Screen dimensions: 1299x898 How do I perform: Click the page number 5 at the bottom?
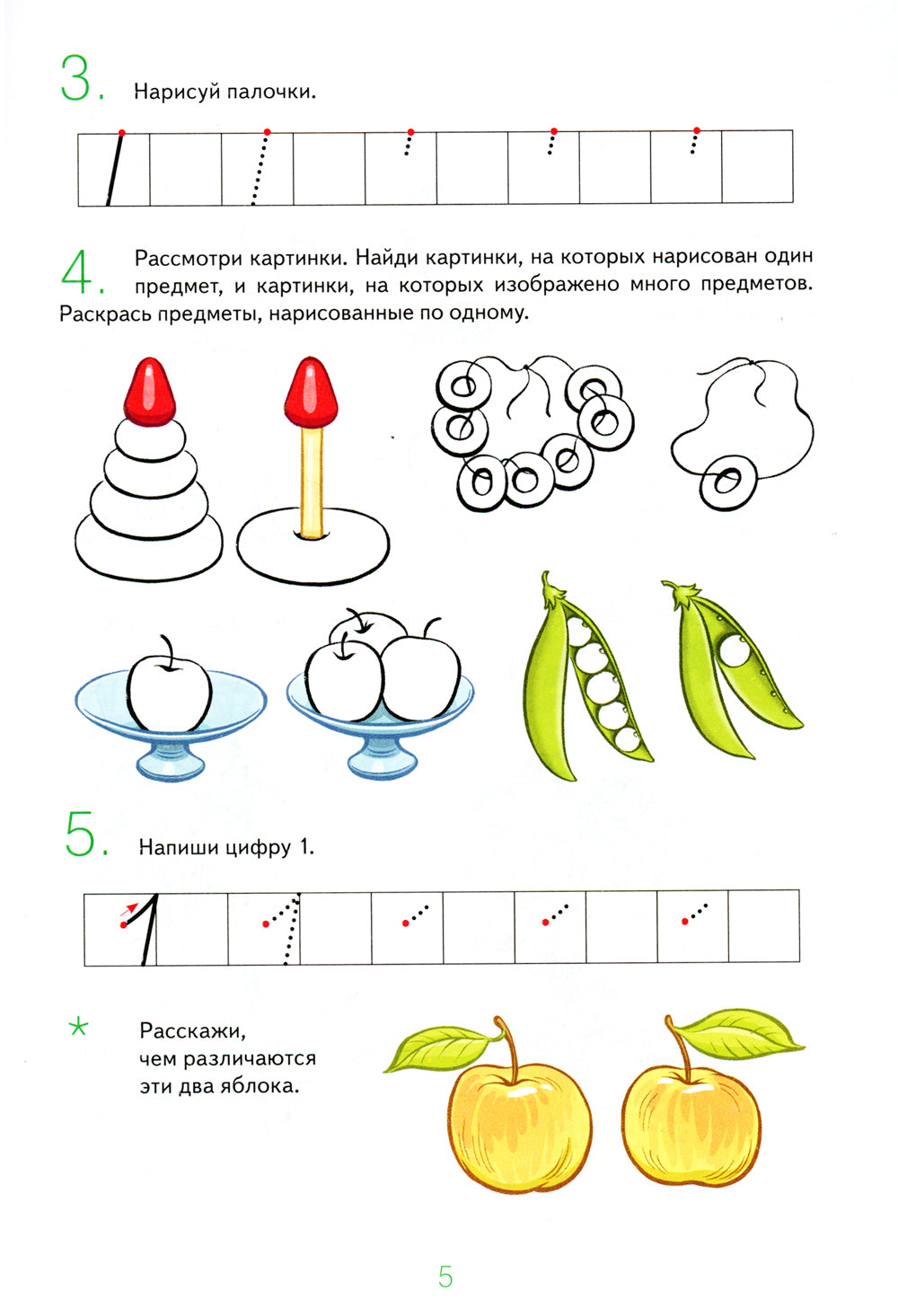coord(445,1276)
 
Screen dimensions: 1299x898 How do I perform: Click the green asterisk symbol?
coord(79,1027)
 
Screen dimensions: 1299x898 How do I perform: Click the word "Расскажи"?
coord(192,1030)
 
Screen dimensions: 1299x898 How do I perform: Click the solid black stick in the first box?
coord(114,169)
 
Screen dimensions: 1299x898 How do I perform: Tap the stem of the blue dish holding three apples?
coord(381,750)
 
